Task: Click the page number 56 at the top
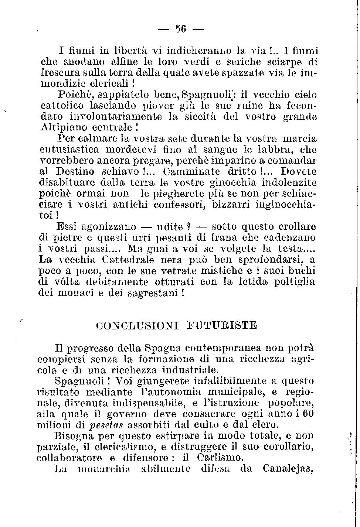tap(180, 28)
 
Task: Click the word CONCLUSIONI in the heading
tap(137, 326)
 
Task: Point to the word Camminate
tap(191, 172)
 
